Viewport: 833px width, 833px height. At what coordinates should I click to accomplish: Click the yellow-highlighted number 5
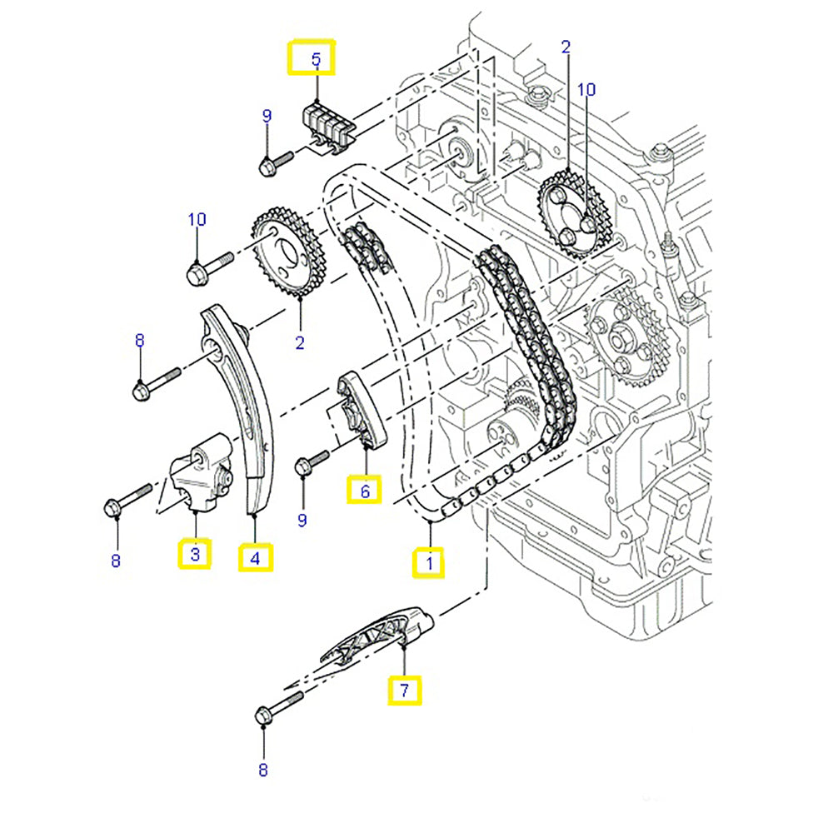click(x=316, y=59)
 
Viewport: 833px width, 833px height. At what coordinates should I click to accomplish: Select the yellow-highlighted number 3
click(x=194, y=553)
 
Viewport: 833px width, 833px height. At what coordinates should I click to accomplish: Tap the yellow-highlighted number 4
click(x=255, y=558)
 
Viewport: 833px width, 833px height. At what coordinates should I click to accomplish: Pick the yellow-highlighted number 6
click(x=365, y=491)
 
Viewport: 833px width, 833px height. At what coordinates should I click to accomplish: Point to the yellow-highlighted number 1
click(x=430, y=563)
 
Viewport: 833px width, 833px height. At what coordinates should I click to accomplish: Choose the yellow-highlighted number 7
click(x=403, y=690)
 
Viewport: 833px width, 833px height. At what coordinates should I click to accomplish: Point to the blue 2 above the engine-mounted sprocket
click(x=566, y=47)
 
